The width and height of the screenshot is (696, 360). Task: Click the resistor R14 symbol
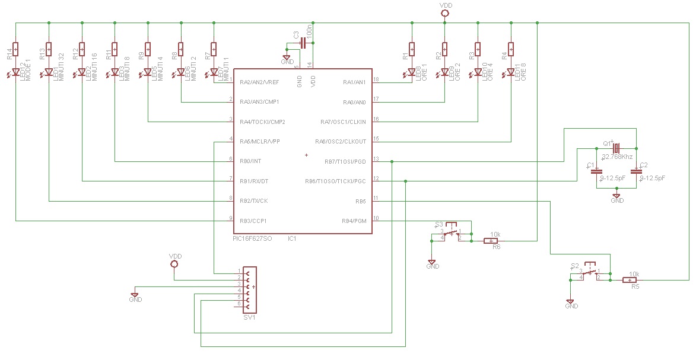point(16,48)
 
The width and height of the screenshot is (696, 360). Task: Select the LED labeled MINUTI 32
point(49,73)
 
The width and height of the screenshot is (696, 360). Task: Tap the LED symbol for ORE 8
point(511,73)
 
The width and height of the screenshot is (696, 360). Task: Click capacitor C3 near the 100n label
point(303,43)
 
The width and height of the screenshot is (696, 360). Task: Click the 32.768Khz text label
point(617,157)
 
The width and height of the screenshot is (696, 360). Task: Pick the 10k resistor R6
point(491,241)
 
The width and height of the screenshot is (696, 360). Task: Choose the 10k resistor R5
point(630,280)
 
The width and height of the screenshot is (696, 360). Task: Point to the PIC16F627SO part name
point(252,239)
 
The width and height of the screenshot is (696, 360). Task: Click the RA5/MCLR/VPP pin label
point(259,141)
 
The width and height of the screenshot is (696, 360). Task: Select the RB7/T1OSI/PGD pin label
point(345,161)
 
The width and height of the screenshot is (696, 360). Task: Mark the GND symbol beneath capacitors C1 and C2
point(617,196)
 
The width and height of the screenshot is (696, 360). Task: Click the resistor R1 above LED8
point(411,48)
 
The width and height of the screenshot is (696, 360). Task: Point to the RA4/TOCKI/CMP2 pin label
point(262,122)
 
